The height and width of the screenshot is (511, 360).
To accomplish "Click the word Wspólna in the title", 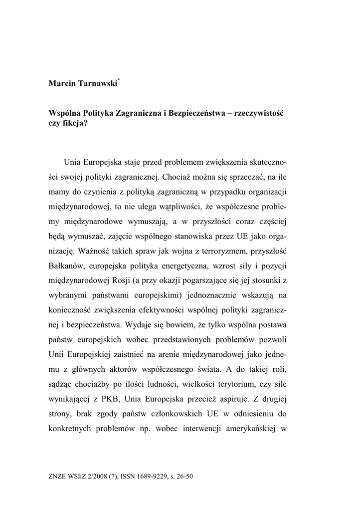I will click(65, 114).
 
